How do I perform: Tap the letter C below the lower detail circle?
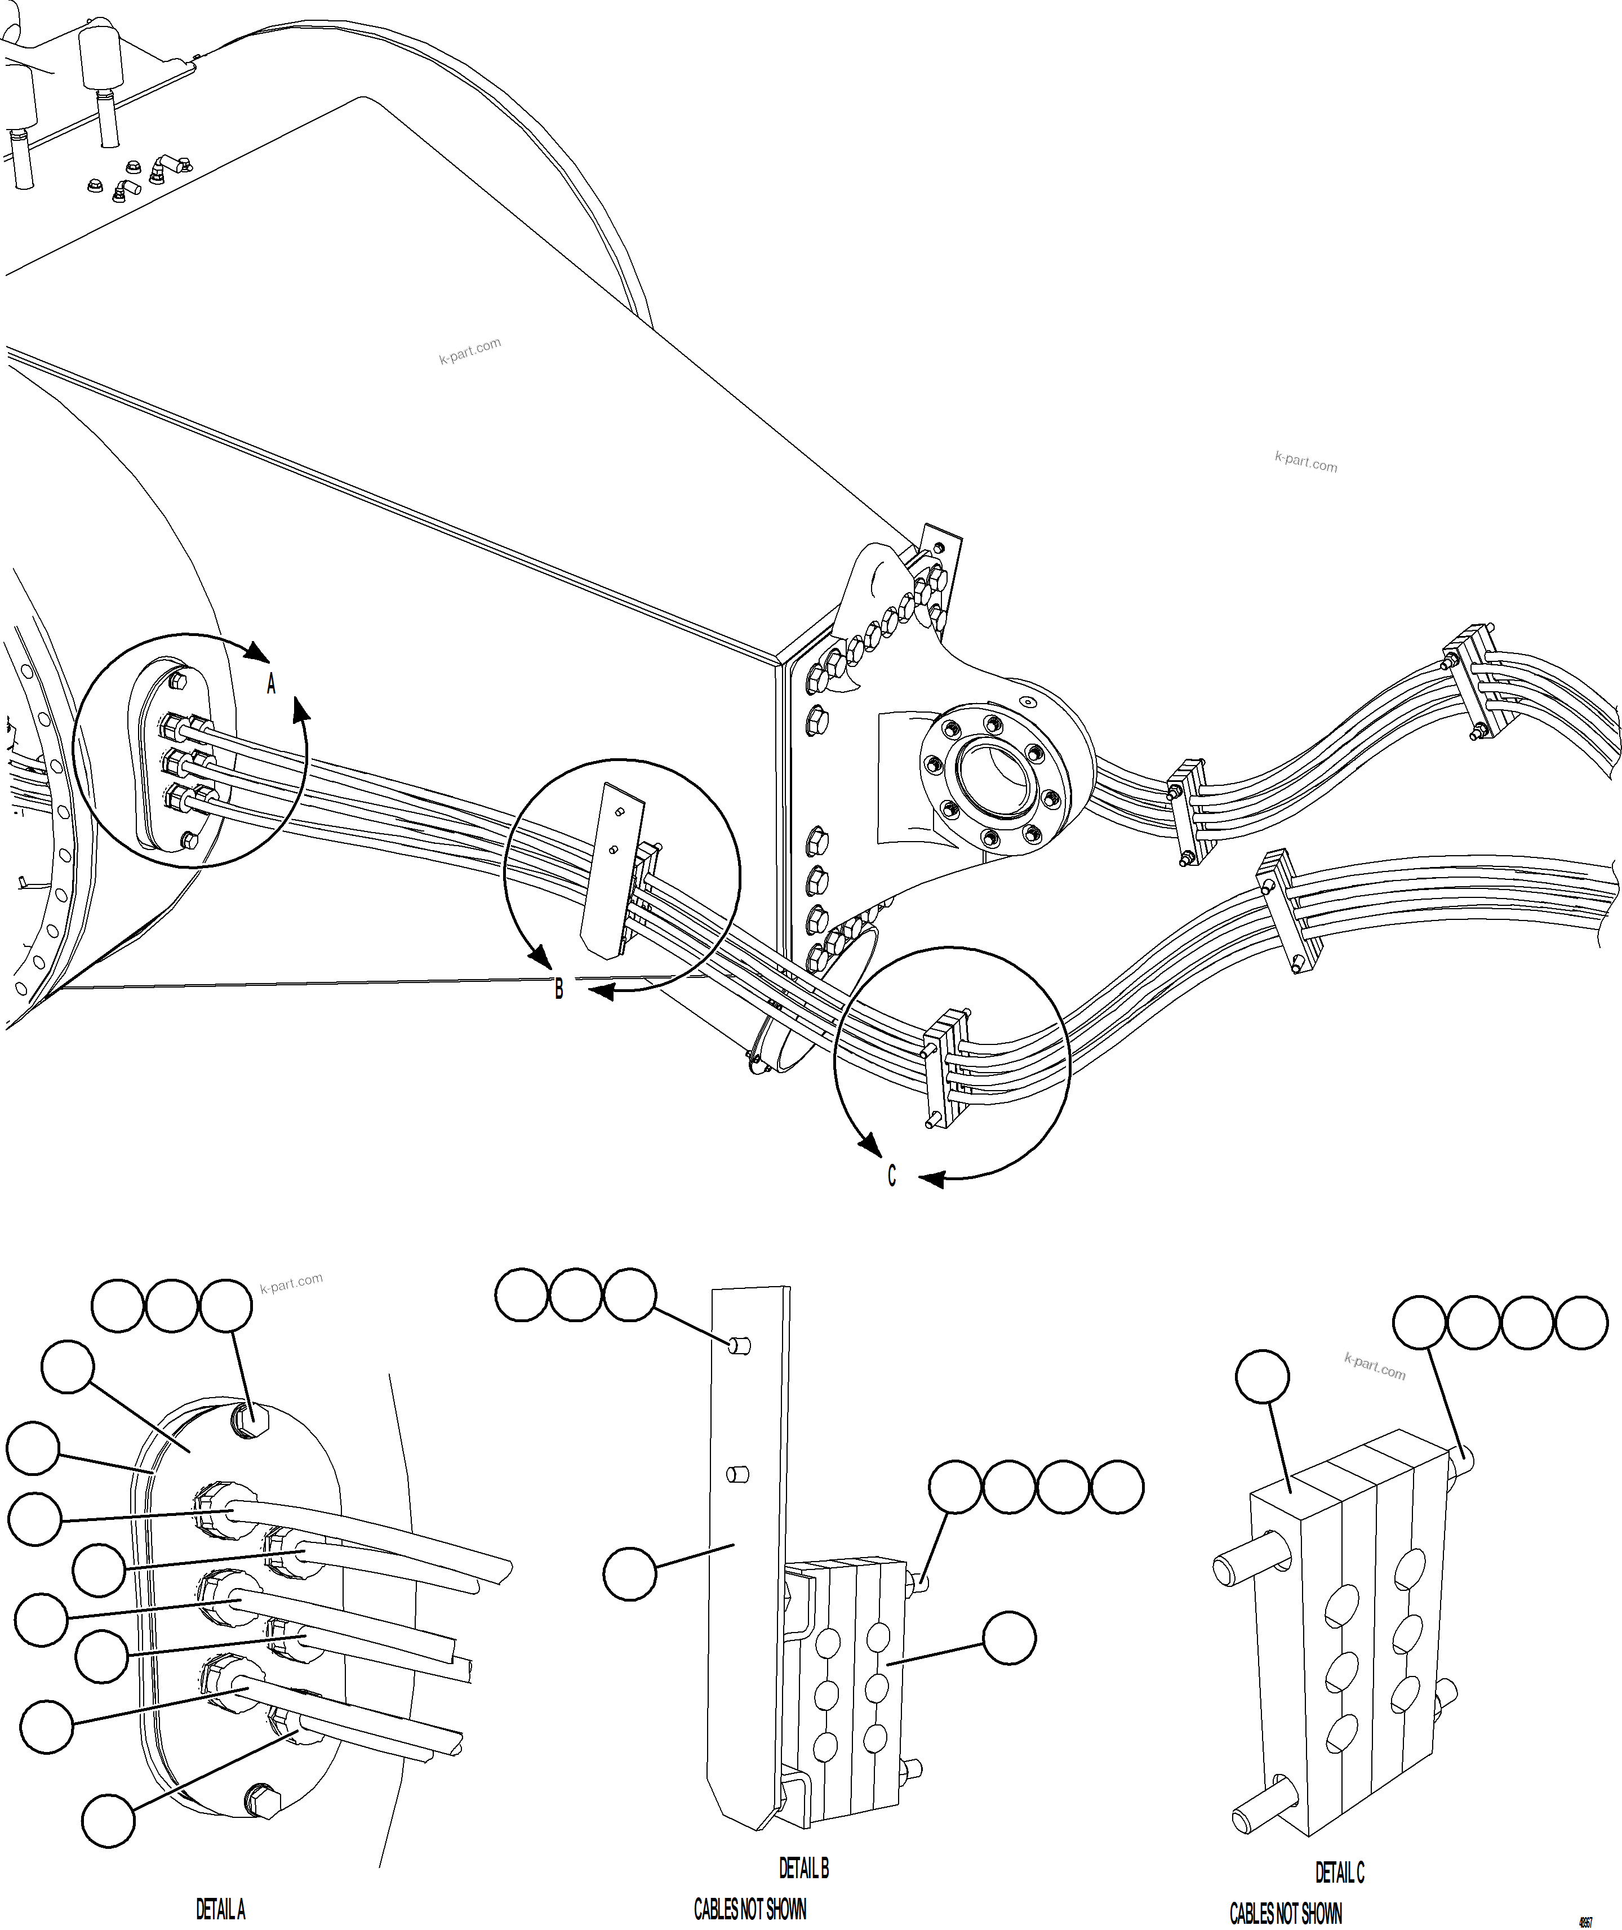tap(891, 1176)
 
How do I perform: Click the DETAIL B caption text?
tap(803, 1867)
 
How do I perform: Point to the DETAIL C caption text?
tap(1340, 1872)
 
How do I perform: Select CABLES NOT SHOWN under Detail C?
tap(1286, 1914)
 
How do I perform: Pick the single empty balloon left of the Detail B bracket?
tap(630, 1574)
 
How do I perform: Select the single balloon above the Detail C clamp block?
tap(1263, 1376)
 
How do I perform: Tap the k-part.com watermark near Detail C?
tap(1375, 1366)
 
